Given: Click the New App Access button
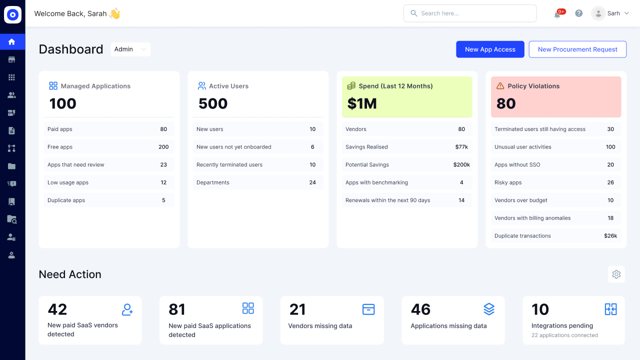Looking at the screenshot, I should tap(490, 49).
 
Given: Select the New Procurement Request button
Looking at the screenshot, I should tap(577, 49).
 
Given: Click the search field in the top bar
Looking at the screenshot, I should tap(470, 13).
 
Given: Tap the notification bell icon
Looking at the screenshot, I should tap(557, 14).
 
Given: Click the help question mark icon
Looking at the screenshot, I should tap(579, 13).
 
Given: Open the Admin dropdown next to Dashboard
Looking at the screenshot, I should tap(130, 49).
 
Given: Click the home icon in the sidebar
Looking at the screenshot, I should tap(12, 41).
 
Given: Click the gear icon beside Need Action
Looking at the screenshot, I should tap(616, 274).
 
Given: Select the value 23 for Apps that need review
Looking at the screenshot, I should tap(163, 164).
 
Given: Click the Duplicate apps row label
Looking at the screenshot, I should tap(66, 200).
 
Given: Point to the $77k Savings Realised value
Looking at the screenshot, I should tap(461, 147).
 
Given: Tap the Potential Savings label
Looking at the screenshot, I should tap(367, 164).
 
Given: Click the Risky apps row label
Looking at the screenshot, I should tap(508, 182).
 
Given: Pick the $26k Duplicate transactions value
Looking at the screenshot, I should tap(610, 236).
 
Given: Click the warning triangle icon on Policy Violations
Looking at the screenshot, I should tap(500, 86).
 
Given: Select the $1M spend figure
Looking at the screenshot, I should tap(362, 103).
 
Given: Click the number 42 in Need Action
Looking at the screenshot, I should tap(57, 309).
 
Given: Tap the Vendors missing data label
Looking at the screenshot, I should tap(320, 326).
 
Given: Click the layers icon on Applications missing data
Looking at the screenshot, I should tap(489, 309).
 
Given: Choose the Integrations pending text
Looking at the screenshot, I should tap(562, 325).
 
